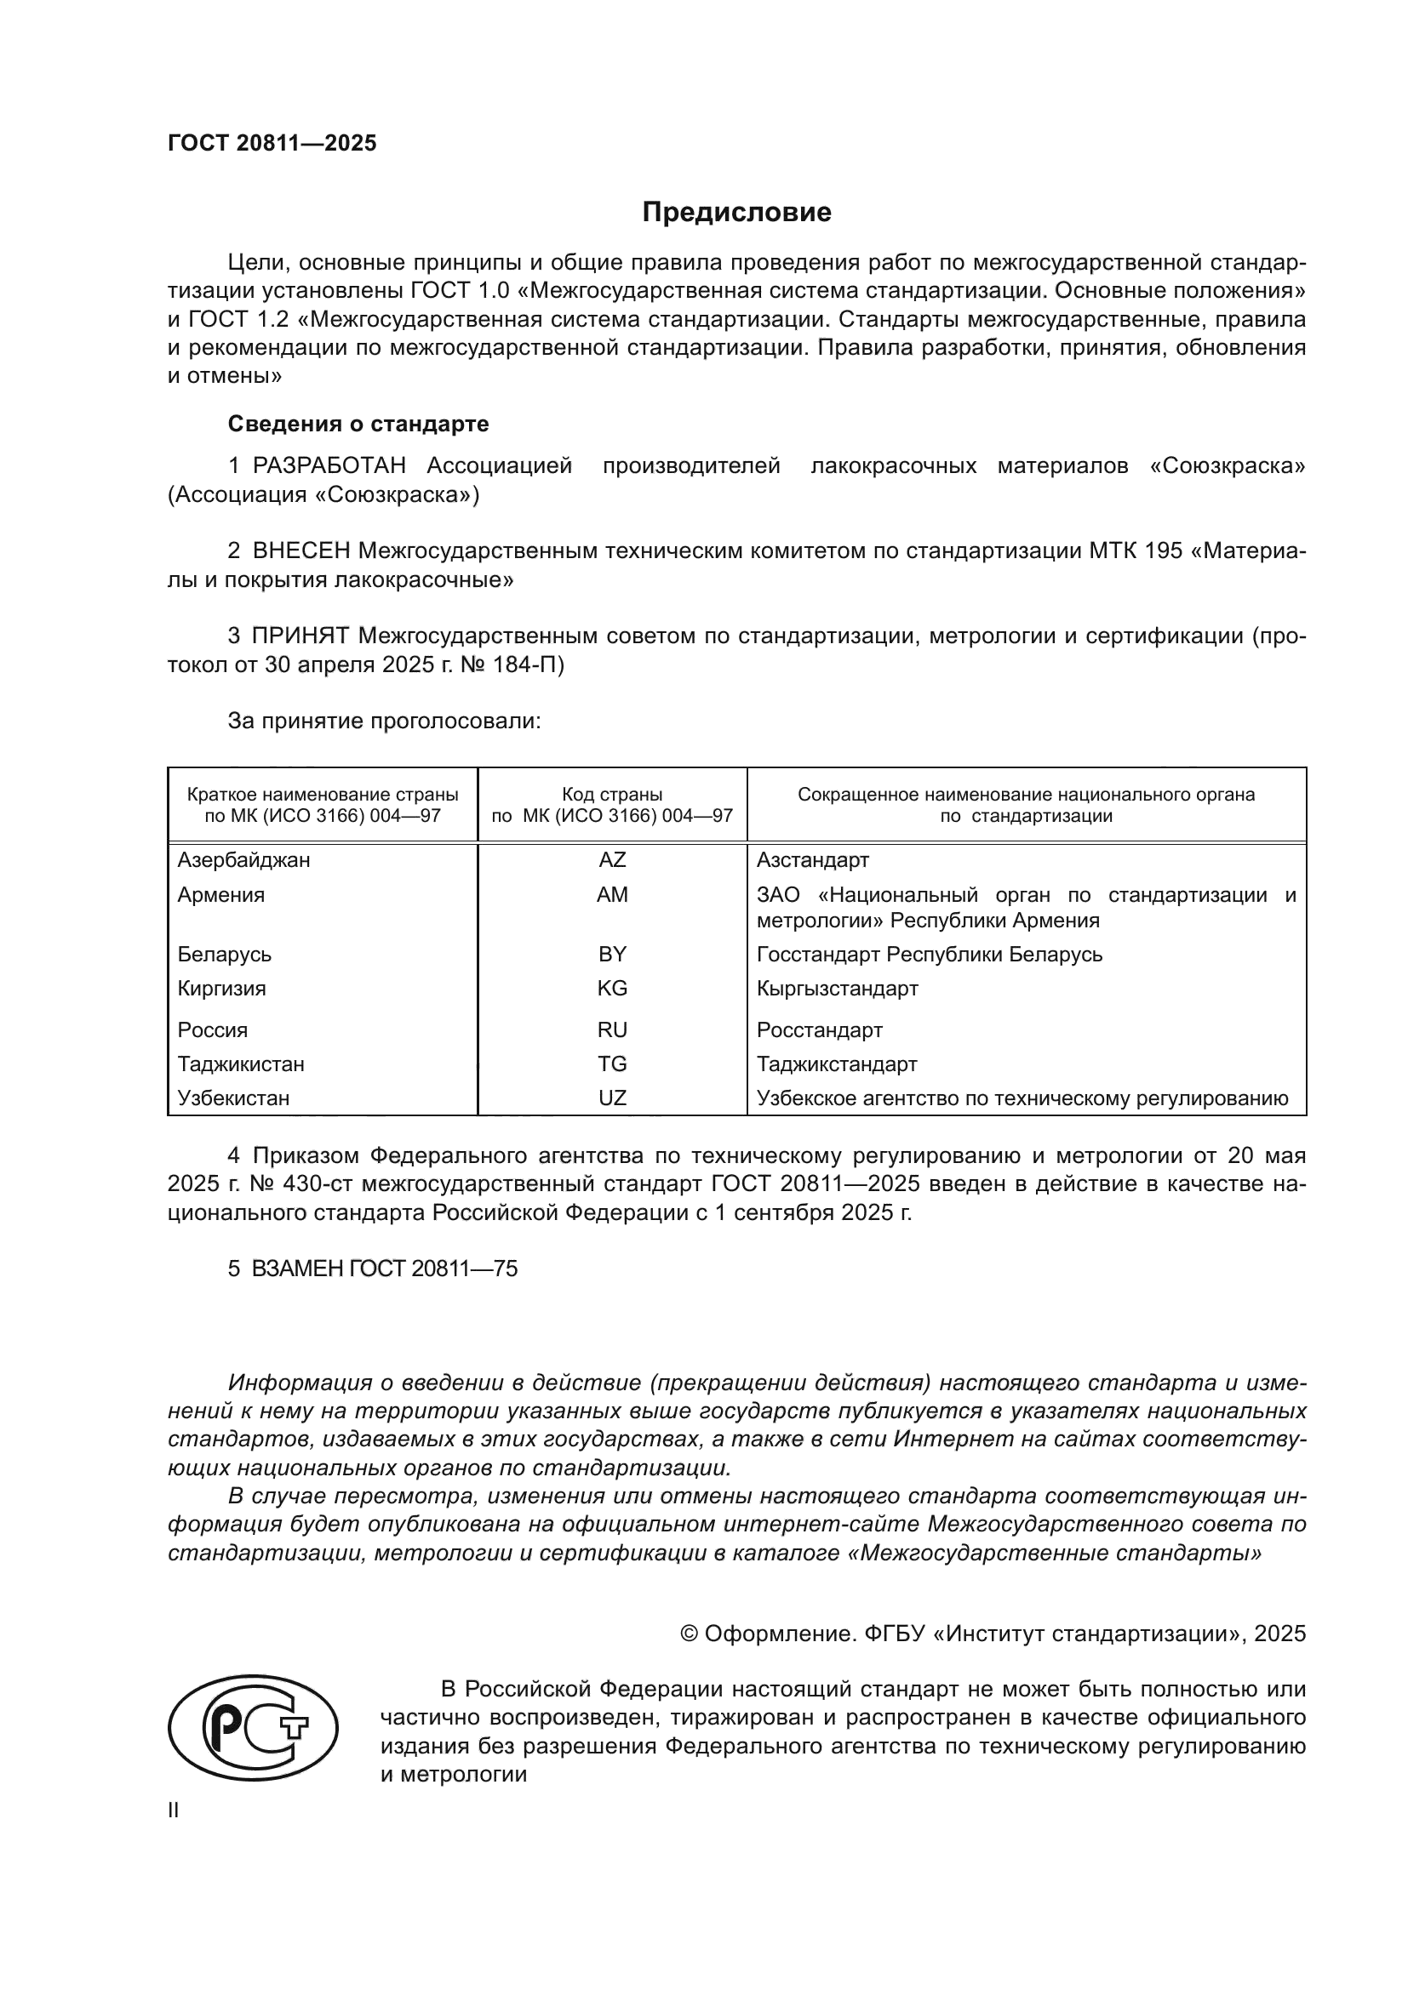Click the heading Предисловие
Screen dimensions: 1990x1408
coord(736,213)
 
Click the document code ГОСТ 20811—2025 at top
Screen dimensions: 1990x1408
coord(272,144)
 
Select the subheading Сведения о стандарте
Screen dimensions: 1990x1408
coord(358,424)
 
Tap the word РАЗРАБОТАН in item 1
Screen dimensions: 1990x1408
coord(329,466)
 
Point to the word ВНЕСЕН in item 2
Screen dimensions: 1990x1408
coord(300,551)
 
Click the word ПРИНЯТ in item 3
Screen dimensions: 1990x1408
coord(300,636)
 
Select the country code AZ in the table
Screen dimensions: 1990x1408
coord(612,860)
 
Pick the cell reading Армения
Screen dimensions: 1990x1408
coord(221,894)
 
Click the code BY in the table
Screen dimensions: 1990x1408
coord(612,955)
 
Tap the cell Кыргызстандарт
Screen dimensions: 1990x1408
coord(837,988)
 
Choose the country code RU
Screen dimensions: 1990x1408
coord(612,1029)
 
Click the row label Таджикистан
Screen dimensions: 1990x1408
coord(241,1063)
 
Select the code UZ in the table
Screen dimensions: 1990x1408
coord(612,1098)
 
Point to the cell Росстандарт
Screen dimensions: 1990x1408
coord(819,1029)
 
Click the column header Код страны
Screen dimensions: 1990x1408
coord(612,794)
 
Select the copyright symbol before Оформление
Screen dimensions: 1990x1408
coord(690,1634)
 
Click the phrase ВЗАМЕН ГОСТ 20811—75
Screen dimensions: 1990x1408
coord(384,1269)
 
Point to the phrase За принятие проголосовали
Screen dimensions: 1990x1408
coord(384,721)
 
